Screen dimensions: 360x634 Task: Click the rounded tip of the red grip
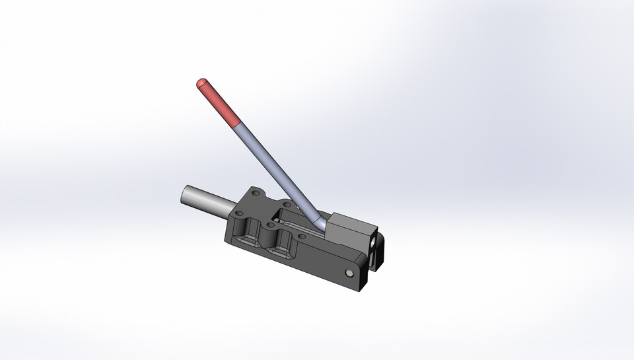point(200,83)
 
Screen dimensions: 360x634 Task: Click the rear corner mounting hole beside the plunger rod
point(254,193)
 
